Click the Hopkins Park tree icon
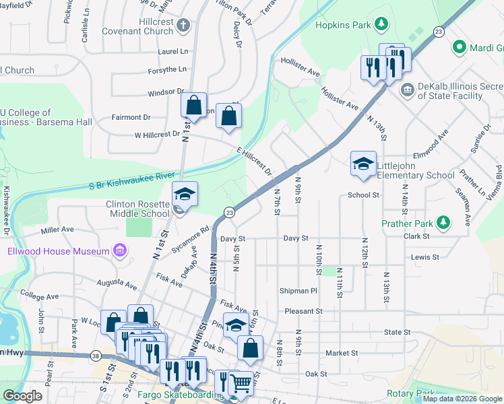click(x=382, y=25)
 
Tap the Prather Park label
click(x=406, y=222)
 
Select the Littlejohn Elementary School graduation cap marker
click(x=363, y=164)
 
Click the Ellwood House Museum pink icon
click(x=120, y=251)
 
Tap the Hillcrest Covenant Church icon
click(x=184, y=26)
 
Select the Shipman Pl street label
click(x=298, y=291)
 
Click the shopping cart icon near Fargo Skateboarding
click(x=241, y=383)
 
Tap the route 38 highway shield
click(x=96, y=356)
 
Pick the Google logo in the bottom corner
click(x=22, y=395)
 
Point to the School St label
click(x=364, y=195)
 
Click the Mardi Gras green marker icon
click(x=460, y=47)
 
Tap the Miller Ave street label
click(x=57, y=230)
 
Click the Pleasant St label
click(x=303, y=312)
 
